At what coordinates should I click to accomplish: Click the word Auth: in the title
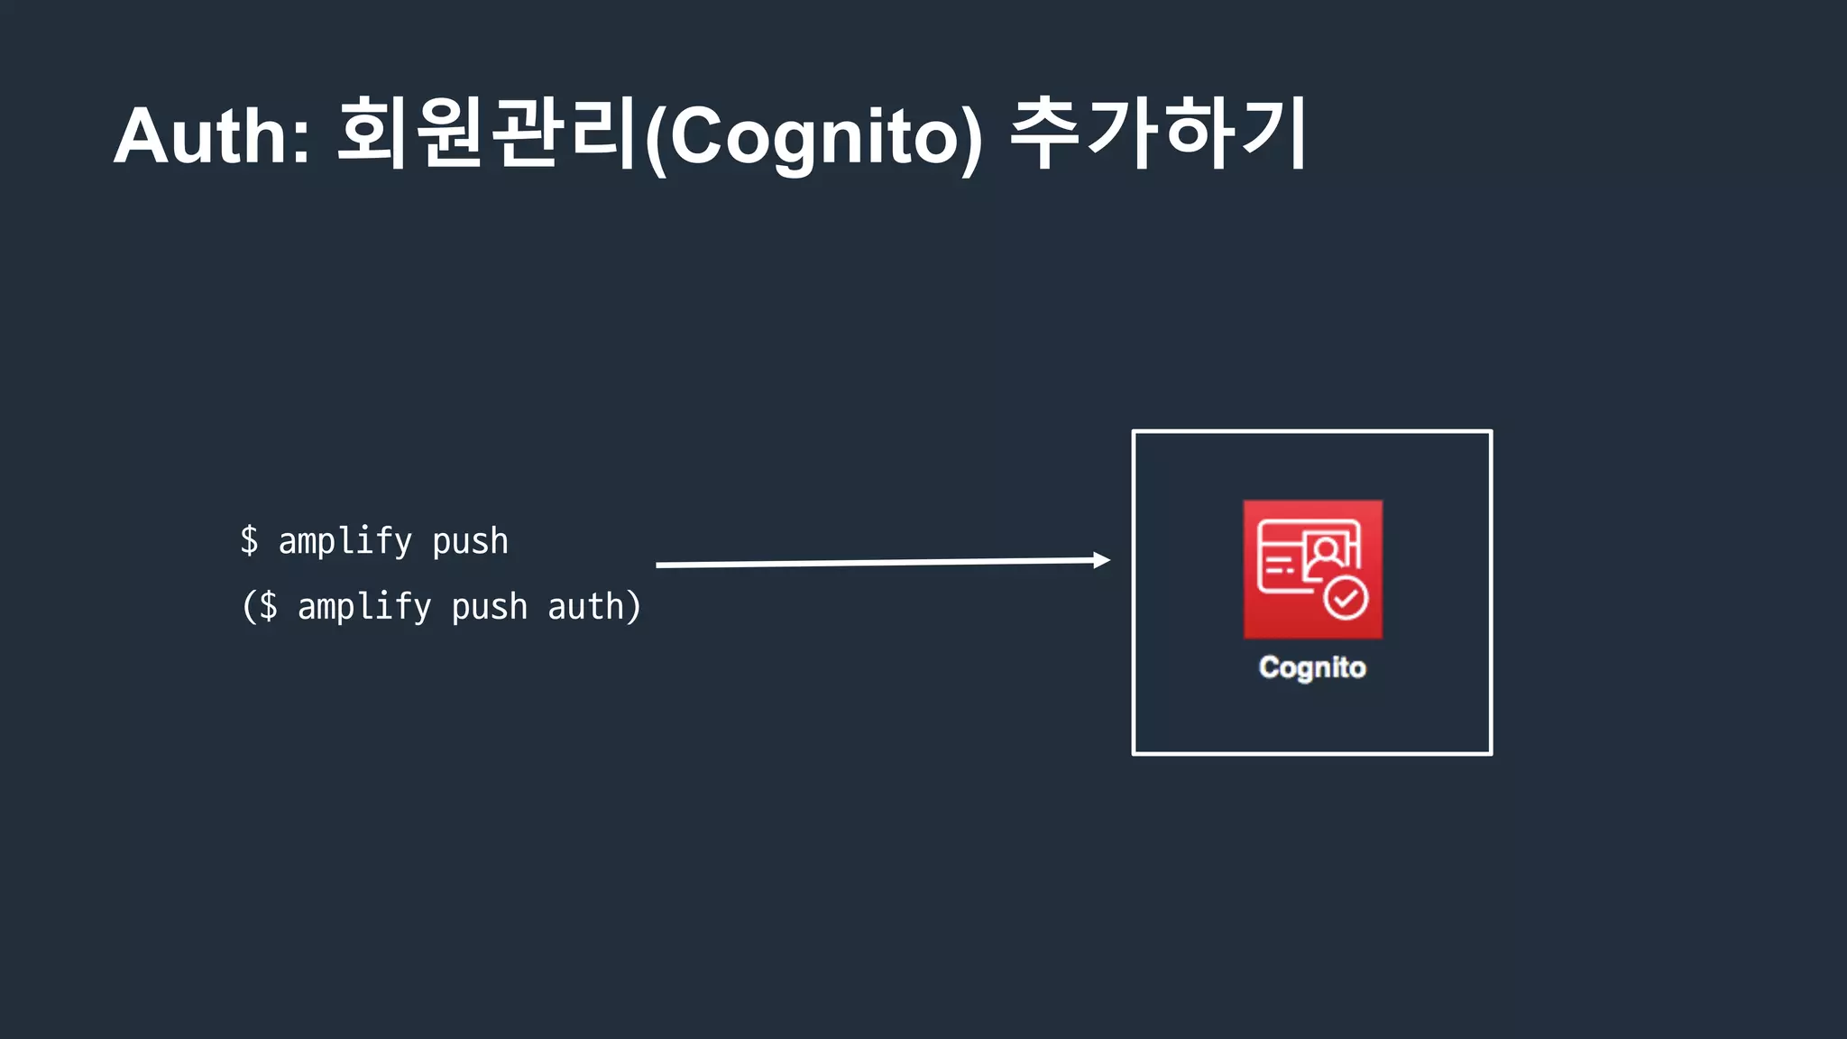tap(212, 136)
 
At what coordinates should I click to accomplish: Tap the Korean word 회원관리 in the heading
tap(488, 133)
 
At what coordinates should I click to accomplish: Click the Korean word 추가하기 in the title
tap(1158, 133)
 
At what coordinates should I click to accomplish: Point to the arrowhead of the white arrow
tap(1101, 560)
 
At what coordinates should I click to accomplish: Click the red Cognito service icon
tap(1312, 569)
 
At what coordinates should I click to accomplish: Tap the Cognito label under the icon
tap(1312, 667)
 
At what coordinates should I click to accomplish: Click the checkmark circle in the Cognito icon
tap(1346, 598)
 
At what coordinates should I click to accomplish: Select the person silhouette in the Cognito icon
tap(1325, 553)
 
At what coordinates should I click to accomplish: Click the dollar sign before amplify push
tap(250, 541)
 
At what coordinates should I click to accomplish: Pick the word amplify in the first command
tap(345, 542)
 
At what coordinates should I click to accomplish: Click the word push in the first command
tap(470, 542)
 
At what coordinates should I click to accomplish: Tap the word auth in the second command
tap(586, 607)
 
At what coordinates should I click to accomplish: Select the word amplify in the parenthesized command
tap(364, 608)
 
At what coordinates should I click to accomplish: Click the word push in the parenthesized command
tap(489, 608)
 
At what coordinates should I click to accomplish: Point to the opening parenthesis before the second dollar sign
tap(248, 607)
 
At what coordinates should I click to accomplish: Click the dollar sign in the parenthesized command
tap(269, 607)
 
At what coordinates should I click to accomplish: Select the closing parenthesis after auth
tap(634, 607)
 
